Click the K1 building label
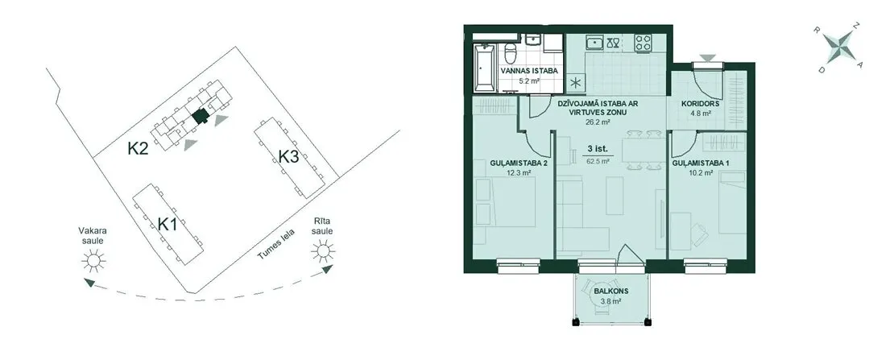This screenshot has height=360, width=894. click(167, 224)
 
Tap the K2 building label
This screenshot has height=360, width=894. click(138, 149)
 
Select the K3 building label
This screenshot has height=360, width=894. click(288, 155)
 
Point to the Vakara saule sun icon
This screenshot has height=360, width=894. click(93, 261)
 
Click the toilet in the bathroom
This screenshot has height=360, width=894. click(511, 52)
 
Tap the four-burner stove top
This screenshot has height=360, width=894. click(644, 42)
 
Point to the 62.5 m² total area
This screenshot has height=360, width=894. click(598, 161)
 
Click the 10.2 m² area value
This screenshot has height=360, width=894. click(702, 172)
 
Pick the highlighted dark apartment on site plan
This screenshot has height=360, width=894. click(200, 116)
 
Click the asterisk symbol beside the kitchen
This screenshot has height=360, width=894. click(575, 83)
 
